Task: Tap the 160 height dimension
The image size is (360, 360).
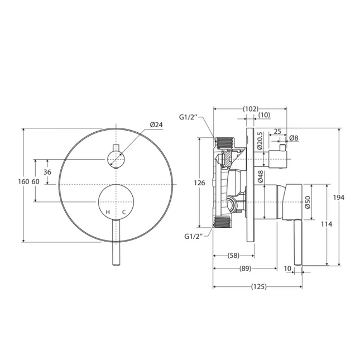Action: coord(26,182)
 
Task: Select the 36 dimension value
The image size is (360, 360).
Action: coord(48,172)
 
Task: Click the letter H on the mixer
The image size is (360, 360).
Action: coord(108,212)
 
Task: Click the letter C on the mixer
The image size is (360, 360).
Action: coord(124,212)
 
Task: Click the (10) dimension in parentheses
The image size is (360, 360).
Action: coord(263,115)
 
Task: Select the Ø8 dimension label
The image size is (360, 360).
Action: coord(294,137)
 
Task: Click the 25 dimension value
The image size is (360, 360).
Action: coord(277,132)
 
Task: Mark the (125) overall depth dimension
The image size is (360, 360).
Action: coord(257,287)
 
